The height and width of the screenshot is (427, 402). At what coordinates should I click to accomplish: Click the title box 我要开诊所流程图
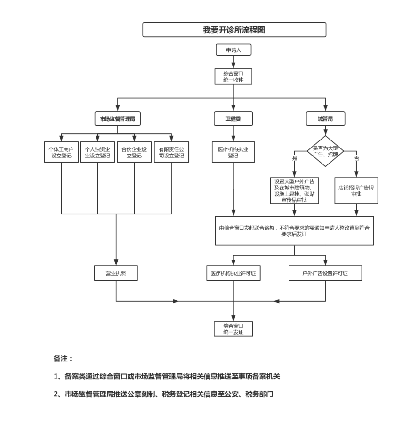[234, 30]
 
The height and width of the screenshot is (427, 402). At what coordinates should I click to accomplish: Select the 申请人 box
[233, 49]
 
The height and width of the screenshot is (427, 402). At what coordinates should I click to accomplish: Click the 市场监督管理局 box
[118, 119]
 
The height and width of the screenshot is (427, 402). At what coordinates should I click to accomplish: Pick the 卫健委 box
[233, 119]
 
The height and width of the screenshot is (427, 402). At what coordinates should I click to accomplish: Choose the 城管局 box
[325, 119]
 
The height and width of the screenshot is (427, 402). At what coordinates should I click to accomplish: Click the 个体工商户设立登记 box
[61, 152]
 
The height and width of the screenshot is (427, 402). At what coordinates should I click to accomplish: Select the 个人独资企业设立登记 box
[97, 152]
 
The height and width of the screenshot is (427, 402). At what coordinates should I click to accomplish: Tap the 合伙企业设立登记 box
[135, 152]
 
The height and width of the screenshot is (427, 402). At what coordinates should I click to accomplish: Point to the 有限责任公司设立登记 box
[171, 152]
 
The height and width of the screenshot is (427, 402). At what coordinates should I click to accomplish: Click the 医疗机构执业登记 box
[233, 152]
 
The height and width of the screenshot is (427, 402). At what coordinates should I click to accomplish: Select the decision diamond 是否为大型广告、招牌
[325, 151]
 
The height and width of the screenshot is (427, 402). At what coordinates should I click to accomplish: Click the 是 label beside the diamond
[295, 158]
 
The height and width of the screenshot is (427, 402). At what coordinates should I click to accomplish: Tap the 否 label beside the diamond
[356, 158]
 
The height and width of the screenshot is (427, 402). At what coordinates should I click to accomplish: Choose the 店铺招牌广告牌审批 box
[356, 190]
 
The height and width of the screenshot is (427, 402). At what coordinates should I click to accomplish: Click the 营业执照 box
[116, 273]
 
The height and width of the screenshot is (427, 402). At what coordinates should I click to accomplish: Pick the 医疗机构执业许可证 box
[233, 273]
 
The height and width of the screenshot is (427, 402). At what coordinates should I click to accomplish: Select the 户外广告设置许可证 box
[325, 273]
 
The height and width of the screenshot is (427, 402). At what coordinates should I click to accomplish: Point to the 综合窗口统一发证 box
[233, 328]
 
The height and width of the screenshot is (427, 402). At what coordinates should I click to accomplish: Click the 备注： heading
[63, 359]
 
